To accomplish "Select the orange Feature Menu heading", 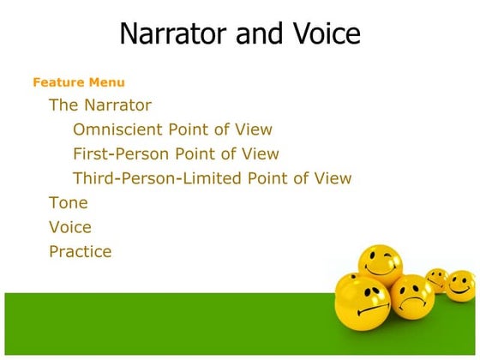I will tap(78, 82).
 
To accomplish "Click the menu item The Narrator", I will tap(100, 105).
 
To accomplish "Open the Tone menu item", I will tap(69, 203).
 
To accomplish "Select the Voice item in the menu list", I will tap(70, 227).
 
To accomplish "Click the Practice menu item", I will tap(81, 252).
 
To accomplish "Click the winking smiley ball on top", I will tap(380, 265).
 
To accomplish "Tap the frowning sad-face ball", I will tap(412, 296).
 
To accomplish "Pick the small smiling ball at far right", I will tap(461, 285).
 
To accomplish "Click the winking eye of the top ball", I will tap(390, 257).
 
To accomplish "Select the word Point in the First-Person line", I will tap(196, 154).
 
